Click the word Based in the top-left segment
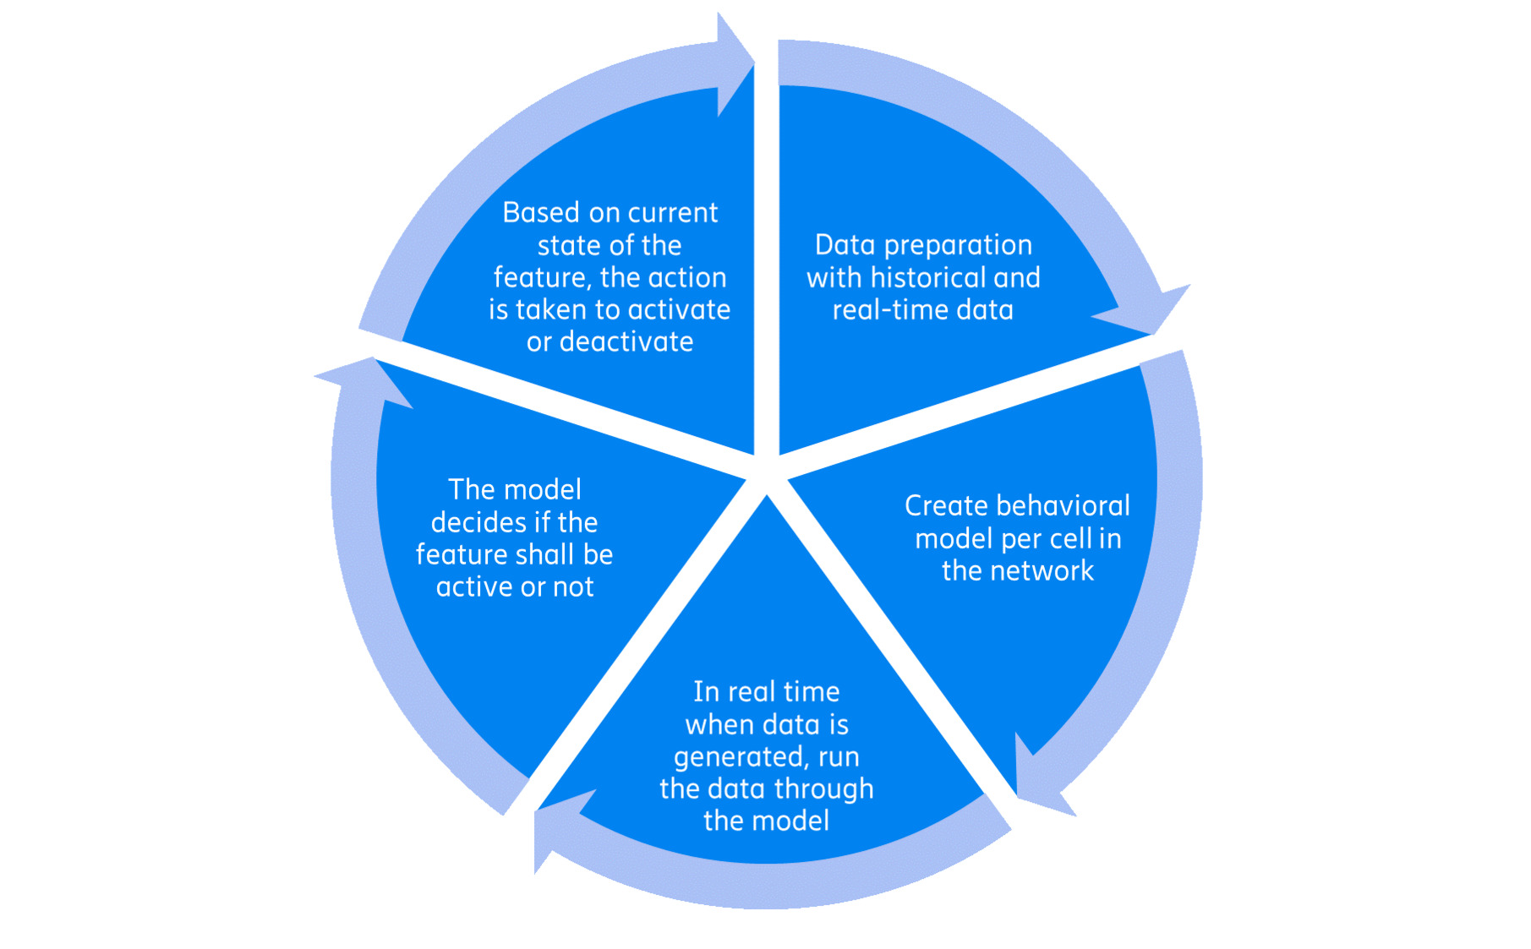coord(540,212)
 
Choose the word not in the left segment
coord(572,586)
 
